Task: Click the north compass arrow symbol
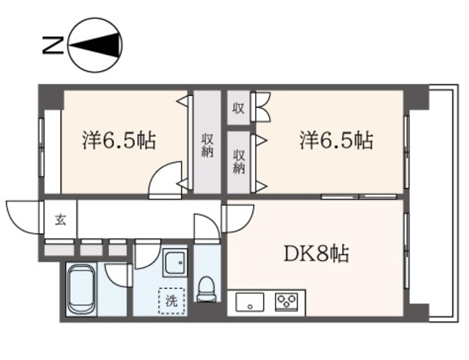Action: (95, 46)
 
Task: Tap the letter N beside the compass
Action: (51, 46)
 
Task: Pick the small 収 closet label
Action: (239, 109)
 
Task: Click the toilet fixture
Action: (207, 288)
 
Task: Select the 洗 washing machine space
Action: (171, 301)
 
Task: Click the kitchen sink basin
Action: (250, 301)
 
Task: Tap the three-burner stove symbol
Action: (286, 301)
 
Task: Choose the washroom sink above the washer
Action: (174, 263)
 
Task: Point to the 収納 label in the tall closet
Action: (207, 144)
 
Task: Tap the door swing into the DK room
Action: (237, 216)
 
